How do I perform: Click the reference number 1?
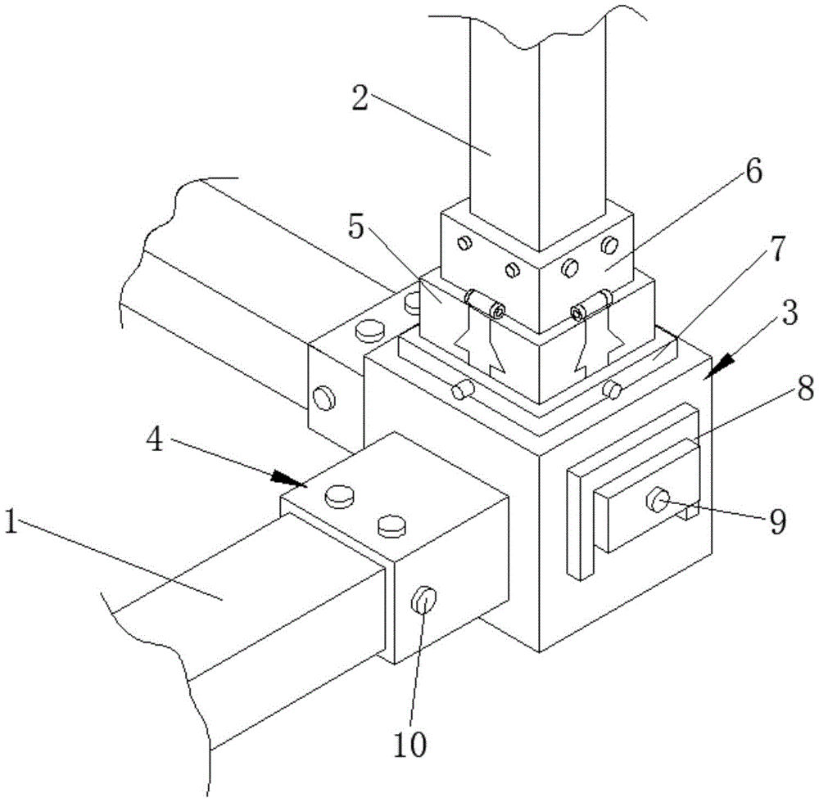coord(11,522)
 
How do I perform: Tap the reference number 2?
coord(360,97)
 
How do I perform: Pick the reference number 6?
coord(753,171)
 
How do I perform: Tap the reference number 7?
coord(778,249)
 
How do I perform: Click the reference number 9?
coord(778,522)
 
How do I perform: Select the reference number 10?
coord(410,745)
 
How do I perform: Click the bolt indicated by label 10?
coord(424,600)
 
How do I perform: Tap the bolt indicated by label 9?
coord(658,500)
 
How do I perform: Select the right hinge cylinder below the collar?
coord(591,304)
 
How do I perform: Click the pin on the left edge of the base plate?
coord(463,390)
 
